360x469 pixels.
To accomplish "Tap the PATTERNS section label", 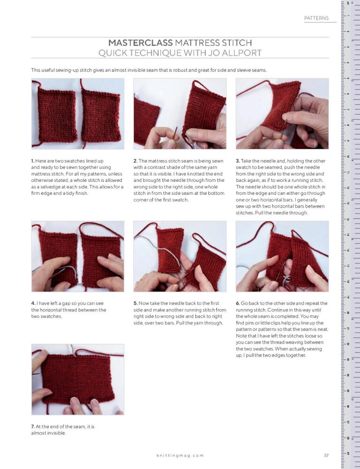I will (x=316, y=18).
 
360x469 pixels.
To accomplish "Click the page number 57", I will (x=326, y=455).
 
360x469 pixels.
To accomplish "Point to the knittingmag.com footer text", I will (x=180, y=455).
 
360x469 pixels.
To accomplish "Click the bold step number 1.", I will (x=33, y=161).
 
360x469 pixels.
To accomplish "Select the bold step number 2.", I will (x=135, y=161).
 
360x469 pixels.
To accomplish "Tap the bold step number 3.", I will (x=237, y=161).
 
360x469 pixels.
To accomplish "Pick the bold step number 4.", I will (x=33, y=304).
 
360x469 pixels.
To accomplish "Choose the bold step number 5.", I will (x=135, y=304).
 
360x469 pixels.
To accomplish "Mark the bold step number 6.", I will (x=237, y=304).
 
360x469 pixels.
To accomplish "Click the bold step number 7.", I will (x=33, y=427).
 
